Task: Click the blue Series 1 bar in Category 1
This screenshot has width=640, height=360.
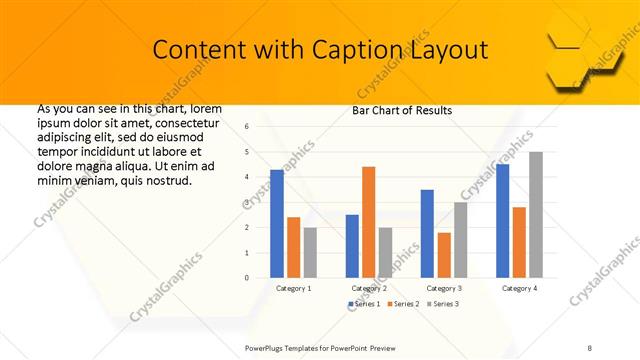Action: click(x=277, y=223)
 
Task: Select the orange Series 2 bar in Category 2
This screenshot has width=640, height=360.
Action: click(x=368, y=221)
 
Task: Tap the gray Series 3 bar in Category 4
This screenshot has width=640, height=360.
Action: click(x=536, y=214)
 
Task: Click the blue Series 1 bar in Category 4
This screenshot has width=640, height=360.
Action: click(x=502, y=220)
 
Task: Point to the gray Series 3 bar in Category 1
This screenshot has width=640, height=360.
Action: click(x=310, y=252)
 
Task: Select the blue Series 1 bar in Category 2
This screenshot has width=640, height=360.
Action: click(x=352, y=245)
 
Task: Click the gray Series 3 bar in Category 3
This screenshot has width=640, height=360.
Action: click(x=460, y=239)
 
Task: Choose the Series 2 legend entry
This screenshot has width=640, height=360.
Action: click(x=402, y=303)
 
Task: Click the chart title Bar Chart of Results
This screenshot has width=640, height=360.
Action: click(x=402, y=110)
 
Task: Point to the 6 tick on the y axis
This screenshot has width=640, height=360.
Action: click(x=248, y=127)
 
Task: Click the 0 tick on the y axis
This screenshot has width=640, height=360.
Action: click(x=248, y=277)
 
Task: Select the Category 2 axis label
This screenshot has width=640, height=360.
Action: click(x=369, y=288)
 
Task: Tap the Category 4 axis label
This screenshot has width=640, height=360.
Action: click(x=519, y=288)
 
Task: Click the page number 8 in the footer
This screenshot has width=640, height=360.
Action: click(x=590, y=346)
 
